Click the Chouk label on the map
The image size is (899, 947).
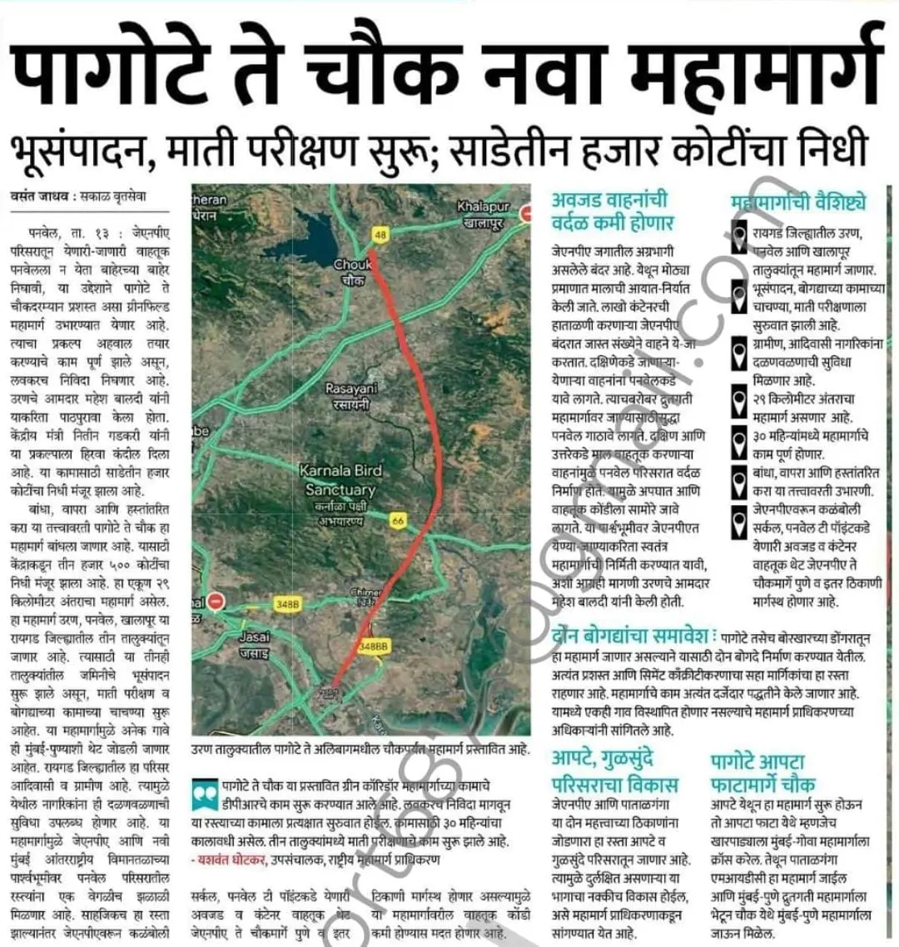353,271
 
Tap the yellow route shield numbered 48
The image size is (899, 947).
380,236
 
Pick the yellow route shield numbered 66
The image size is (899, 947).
398,521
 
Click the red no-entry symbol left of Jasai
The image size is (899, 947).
216,600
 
